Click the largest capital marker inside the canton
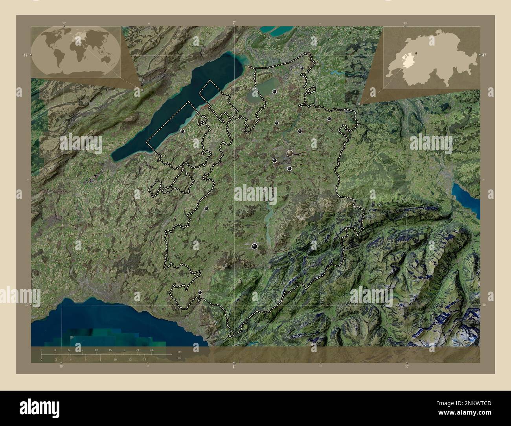pos(290,153)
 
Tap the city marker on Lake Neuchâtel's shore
pos(183,131)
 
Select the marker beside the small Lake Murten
pos(274,92)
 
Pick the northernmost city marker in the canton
pos(302,68)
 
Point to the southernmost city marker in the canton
pos(200,292)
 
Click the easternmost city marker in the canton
pos(329,118)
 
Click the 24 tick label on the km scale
pos(151,350)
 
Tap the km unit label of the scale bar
pos(179,351)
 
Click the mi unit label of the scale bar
pos(179,358)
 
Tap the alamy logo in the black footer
pos(39,407)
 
